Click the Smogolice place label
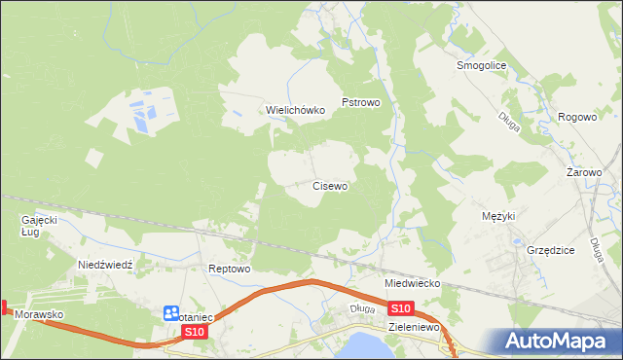click(478, 66)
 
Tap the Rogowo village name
click(577, 117)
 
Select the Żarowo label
click(584, 172)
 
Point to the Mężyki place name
click(497, 216)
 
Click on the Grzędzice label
click(551, 250)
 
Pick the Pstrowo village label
click(360, 101)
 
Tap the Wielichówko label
click(296, 111)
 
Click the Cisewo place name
click(330, 185)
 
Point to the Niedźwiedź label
click(111, 265)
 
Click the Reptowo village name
click(231, 269)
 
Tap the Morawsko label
click(39, 316)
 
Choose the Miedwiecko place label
click(414, 283)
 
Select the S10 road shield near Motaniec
click(195, 332)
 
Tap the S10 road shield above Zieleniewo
click(402, 308)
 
